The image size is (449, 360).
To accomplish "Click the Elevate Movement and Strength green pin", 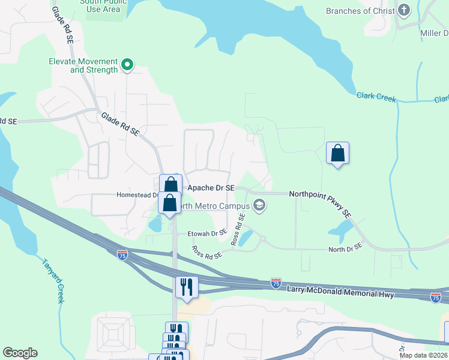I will [127, 64].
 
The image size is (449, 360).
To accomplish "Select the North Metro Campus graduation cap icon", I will [259, 206].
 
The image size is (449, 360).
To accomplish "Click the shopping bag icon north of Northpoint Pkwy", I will [338, 153].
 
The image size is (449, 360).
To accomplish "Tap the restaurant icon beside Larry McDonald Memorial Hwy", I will [187, 286].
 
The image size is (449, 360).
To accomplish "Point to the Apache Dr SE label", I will [211, 188].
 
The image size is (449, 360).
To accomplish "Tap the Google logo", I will [20, 353].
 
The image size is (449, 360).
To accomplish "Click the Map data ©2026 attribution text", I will [423, 355].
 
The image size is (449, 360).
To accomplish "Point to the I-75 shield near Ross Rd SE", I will [122, 254].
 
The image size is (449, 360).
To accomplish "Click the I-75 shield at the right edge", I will [436, 297].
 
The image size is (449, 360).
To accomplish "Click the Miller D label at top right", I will [434, 34].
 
